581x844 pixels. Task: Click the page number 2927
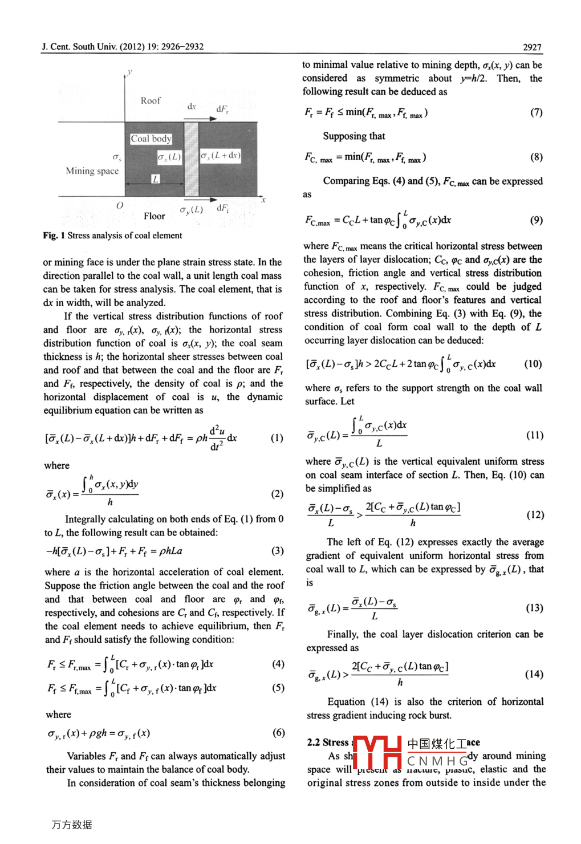(x=532, y=47)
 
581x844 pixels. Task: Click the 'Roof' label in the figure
(x=151, y=100)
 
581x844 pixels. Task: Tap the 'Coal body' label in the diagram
(x=151, y=139)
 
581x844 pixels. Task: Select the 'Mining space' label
(x=92, y=171)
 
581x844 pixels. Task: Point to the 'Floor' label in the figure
(x=154, y=216)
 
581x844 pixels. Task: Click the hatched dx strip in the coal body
(x=191, y=159)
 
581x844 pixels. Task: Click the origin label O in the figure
(x=120, y=205)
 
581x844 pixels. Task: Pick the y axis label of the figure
(x=130, y=72)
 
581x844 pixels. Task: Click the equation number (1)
(x=277, y=438)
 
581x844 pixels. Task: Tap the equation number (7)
(x=537, y=112)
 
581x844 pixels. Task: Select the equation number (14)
(x=534, y=674)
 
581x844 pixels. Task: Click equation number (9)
(x=537, y=220)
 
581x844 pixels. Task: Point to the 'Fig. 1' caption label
(x=54, y=236)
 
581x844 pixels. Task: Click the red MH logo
(x=377, y=753)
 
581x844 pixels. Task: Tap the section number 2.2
(x=313, y=742)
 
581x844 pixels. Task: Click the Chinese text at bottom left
(x=72, y=825)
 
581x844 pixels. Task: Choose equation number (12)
(x=535, y=515)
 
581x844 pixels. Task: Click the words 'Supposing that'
(x=354, y=136)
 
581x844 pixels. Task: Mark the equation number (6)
(x=278, y=733)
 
